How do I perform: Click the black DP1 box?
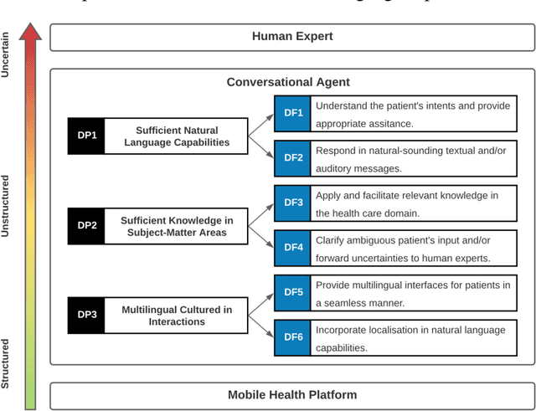(x=87, y=136)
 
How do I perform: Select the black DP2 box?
(x=87, y=226)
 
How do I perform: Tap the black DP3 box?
(x=87, y=316)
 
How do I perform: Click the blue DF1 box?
(x=293, y=114)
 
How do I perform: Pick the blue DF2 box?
(x=293, y=158)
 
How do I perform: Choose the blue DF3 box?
(x=293, y=203)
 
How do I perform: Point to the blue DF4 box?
(x=293, y=248)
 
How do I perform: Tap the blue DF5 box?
(x=293, y=293)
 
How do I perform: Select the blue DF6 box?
(x=293, y=337)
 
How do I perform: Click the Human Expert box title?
(x=292, y=37)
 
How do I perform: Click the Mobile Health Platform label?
(x=292, y=395)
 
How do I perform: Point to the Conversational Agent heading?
(x=288, y=82)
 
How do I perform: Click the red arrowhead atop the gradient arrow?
(x=31, y=33)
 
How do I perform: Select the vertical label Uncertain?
(x=7, y=55)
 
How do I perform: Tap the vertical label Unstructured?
(x=7, y=206)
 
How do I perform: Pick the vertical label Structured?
(x=7, y=363)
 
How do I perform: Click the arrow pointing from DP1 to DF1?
(x=261, y=123)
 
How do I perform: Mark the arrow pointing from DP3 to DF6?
(x=261, y=327)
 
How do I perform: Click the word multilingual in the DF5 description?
(x=369, y=285)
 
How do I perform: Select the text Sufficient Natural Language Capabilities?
(x=177, y=136)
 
